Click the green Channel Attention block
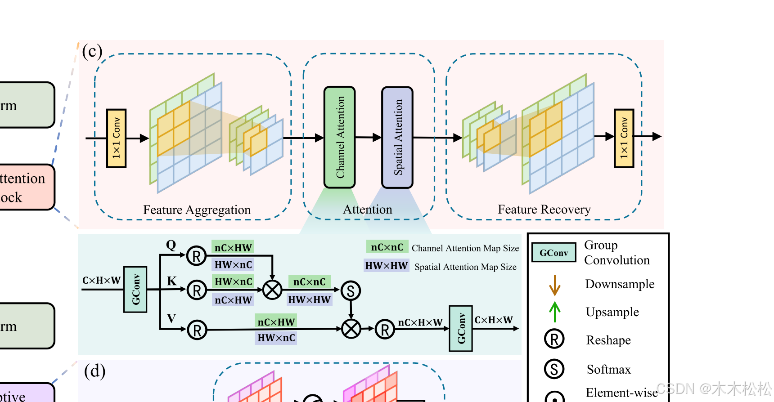pyautogui.click(x=340, y=137)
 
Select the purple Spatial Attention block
pyautogui.click(x=397, y=137)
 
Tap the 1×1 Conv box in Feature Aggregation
pyautogui.click(x=116, y=138)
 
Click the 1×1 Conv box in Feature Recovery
pyautogui.click(x=624, y=138)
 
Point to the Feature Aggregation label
pyautogui.click(x=197, y=210)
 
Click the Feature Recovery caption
pyautogui.click(x=544, y=210)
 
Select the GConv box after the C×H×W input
pyautogui.click(x=135, y=289)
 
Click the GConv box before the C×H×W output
pyautogui.click(x=461, y=328)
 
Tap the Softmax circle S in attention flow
pyautogui.click(x=351, y=291)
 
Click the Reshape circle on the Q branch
pyautogui.click(x=196, y=256)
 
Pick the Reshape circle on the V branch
pyautogui.click(x=197, y=331)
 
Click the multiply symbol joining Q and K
pyautogui.click(x=272, y=290)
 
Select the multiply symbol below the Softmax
pyautogui.click(x=351, y=329)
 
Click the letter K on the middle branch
pyautogui.click(x=172, y=281)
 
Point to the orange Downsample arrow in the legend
pyautogui.click(x=554, y=285)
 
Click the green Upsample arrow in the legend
pyautogui.click(x=554, y=312)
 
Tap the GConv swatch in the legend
pyautogui.click(x=553, y=253)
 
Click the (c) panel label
pyautogui.click(x=92, y=51)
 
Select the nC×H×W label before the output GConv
pyautogui.click(x=420, y=322)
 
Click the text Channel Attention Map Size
pyautogui.click(x=465, y=248)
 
